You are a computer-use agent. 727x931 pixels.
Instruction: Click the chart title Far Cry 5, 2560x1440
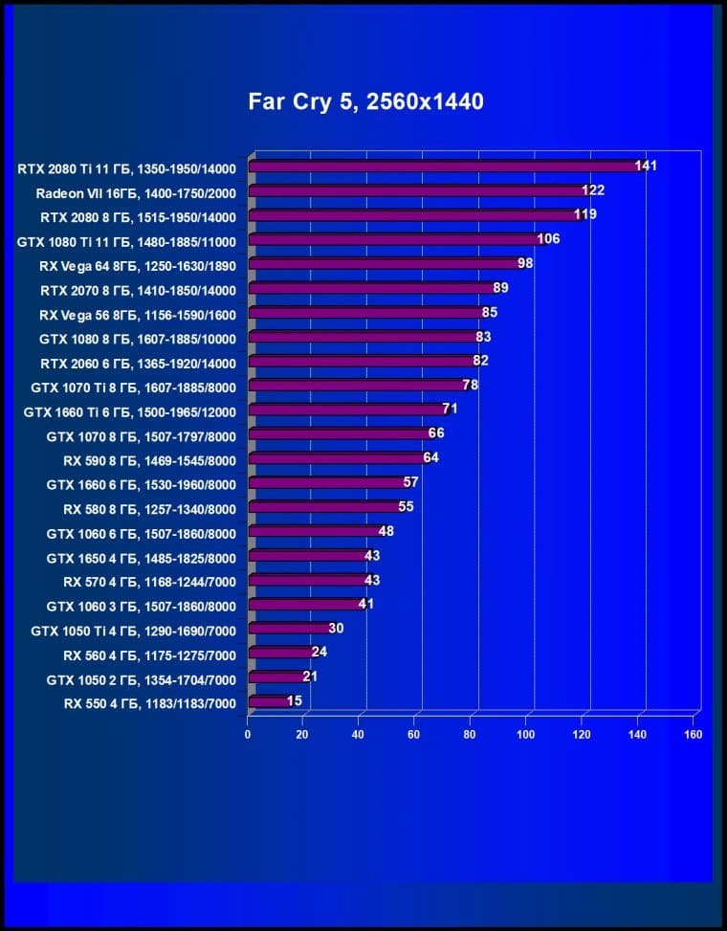click(x=365, y=100)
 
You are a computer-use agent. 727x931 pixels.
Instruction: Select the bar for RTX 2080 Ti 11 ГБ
click(x=445, y=166)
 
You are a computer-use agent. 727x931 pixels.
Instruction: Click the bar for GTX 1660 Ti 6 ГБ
click(x=347, y=410)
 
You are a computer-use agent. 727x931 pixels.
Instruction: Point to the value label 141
click(x=647, y=166)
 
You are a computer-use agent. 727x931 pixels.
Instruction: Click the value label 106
click(x=548, y=238)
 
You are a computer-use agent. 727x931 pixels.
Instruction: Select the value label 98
click(x=525, y=263)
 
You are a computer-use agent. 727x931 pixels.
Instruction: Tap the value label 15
click(x=295, y=701)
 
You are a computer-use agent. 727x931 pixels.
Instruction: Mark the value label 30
click(x=336, y=629)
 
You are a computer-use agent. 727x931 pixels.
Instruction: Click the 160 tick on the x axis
click(x=694, y=735)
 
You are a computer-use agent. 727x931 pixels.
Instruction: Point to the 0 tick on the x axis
click(x=248, y=735)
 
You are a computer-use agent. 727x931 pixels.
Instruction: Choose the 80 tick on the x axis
click(x=471, y=735)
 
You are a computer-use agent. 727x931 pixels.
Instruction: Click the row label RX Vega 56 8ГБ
click(x=130, y=313)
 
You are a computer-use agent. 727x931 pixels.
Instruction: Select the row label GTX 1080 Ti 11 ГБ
click(x=126, y=240)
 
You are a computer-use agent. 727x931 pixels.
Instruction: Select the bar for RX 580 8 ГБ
click(x=325, y=507)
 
